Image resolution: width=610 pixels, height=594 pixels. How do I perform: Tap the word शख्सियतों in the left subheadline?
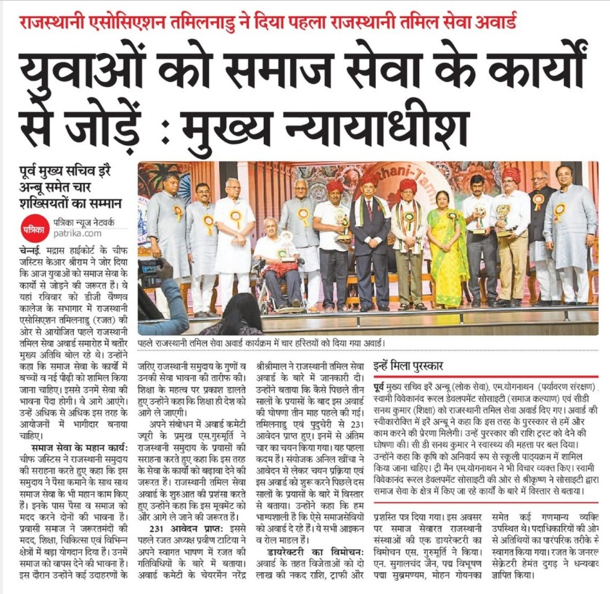[x=49, y=203]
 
